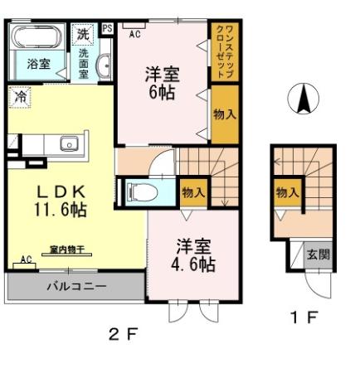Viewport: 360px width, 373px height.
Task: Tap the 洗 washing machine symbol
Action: point(82,35)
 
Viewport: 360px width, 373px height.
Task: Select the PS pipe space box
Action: point(107,28)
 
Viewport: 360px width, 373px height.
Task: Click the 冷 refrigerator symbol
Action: point(19,96)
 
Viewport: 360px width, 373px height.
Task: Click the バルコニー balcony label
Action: point(75,287)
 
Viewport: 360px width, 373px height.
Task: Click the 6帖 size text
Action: point(162,93)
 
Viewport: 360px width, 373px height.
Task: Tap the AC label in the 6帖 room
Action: point(135,34)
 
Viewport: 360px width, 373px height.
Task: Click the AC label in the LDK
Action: point(26,259)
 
